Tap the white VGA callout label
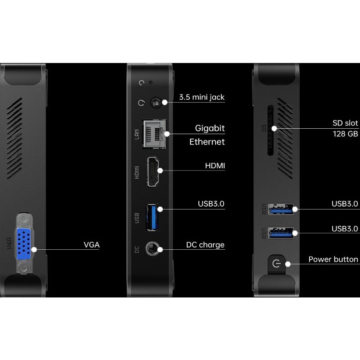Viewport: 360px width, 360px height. [x=91, y=245]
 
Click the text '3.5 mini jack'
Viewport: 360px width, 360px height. [x=202, y=97]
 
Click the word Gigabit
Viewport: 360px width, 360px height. [x=210, y=128]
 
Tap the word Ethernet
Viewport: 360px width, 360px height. [x=207, y=142]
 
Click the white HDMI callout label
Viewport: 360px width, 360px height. [x=215, y=166]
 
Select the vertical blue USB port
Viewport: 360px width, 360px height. [x=152, y=217]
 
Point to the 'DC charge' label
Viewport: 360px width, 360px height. [x=205, y=245]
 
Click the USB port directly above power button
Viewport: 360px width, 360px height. [x=281, y=233]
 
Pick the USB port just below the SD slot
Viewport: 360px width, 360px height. [x=281, y=209]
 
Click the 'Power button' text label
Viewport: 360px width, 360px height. [x=333, y=259]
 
